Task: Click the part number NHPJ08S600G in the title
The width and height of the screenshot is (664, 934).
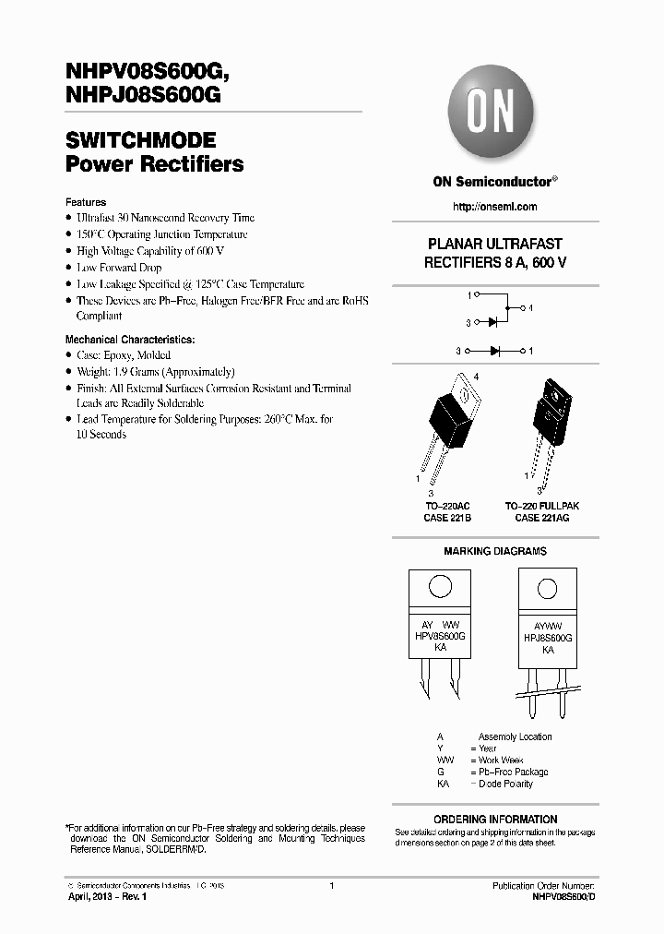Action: click(143, 92)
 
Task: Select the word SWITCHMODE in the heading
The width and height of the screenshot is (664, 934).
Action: click(141, 141)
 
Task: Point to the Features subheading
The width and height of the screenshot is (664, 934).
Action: click(86, 202)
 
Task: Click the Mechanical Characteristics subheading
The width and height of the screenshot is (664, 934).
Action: click(130, 339)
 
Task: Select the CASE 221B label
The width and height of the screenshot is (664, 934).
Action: click(448, 519)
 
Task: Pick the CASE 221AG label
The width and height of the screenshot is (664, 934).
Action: click(541, 519)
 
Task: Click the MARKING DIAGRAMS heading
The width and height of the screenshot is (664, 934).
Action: click(495, 551)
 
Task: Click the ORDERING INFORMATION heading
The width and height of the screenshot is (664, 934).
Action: click(495, 819)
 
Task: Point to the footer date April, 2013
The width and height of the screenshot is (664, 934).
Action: click(92, 896)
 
